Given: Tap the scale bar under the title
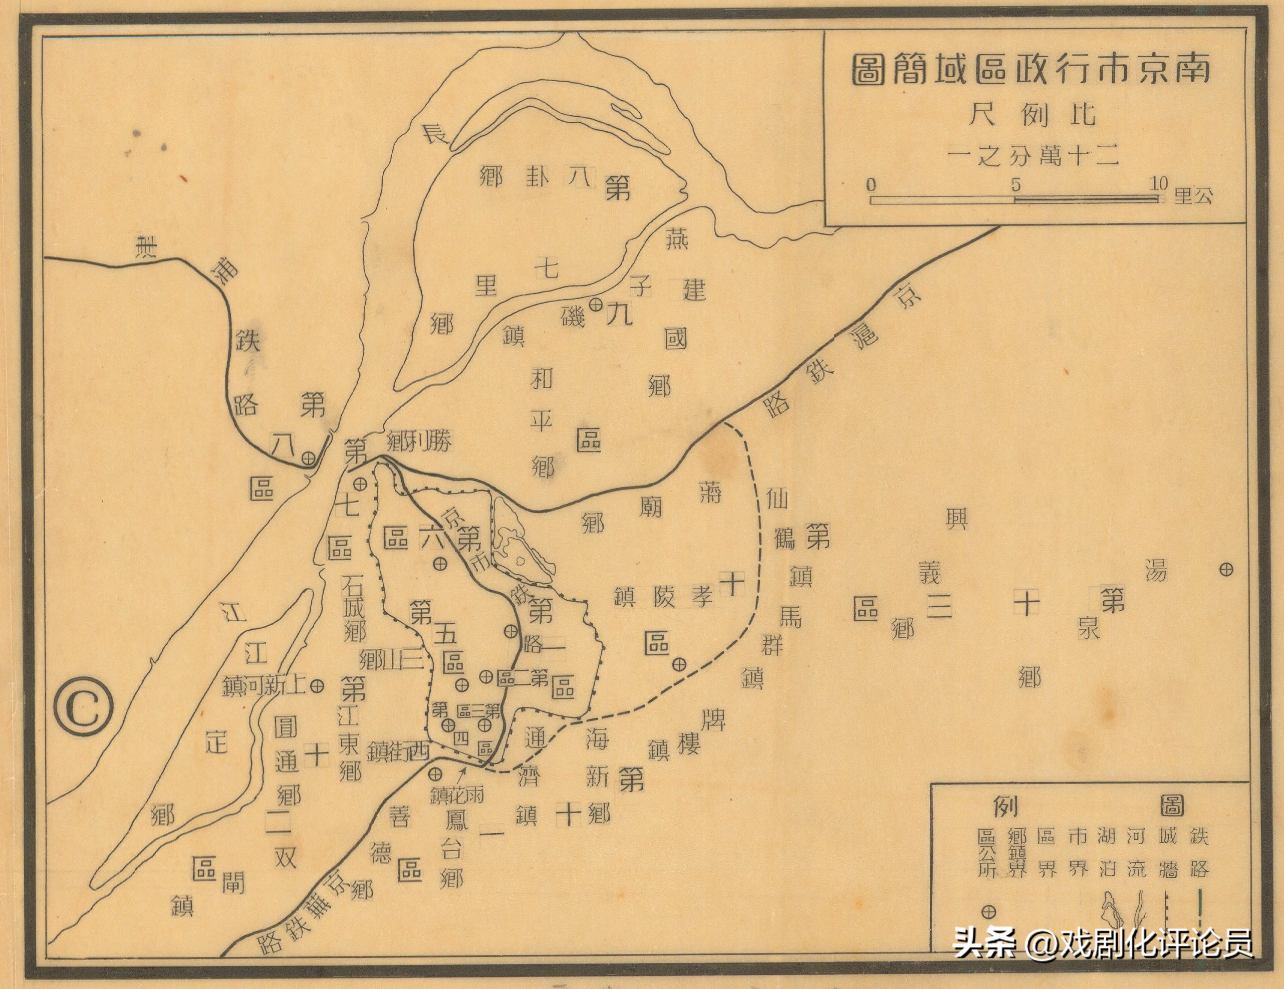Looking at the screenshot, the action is click(1014, 200).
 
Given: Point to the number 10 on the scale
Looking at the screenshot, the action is click(1159, 183).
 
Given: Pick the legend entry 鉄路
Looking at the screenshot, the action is click(1199, 852).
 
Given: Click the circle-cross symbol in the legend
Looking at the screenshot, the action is click(988, 912).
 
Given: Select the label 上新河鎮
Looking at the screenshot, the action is click(265, 685).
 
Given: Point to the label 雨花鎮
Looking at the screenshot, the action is click(457, 795).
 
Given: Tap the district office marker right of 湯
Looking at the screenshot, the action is click(1226, 569).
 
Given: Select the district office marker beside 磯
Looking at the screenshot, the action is click(596, 305).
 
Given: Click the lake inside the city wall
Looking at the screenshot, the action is click(521, 550).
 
